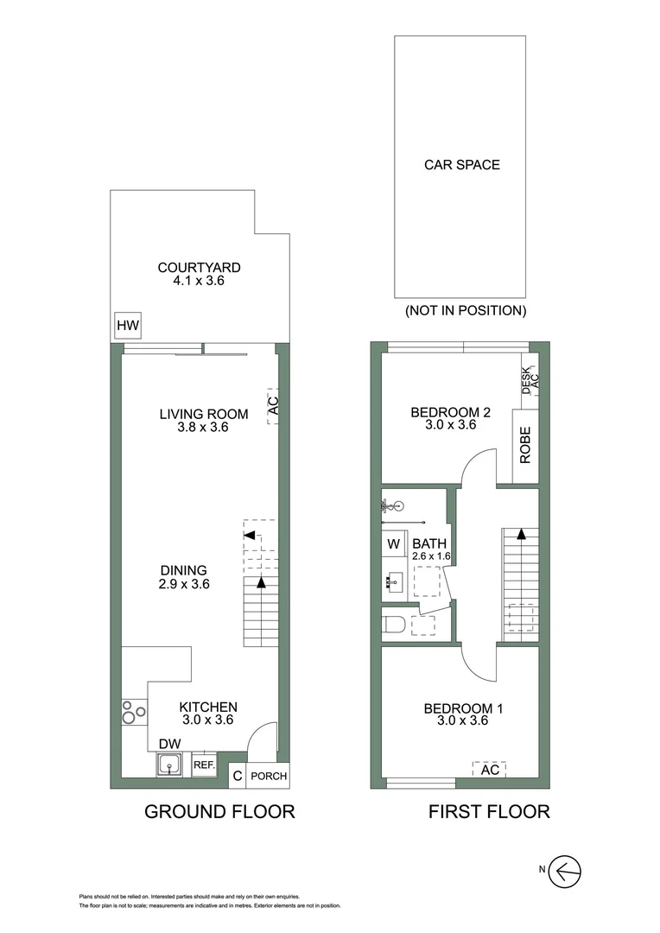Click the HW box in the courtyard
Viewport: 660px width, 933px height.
[128, 327]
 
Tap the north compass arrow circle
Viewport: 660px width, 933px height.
[567, 870]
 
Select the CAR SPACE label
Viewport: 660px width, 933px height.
[461, 164]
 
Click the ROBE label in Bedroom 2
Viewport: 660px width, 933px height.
[524, 446]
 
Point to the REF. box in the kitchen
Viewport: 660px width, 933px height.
[204, 765]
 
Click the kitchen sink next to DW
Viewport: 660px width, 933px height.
[168, 765]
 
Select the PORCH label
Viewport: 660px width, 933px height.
[268, 777]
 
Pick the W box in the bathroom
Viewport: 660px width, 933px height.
[393, 544]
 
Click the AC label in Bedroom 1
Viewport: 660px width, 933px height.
[489, 770]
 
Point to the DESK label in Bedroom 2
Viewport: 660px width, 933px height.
[526, 380]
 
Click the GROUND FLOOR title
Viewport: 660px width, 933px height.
[219, 812]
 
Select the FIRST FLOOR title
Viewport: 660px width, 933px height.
[489, 812]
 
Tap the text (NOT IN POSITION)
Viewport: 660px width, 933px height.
[465, 310]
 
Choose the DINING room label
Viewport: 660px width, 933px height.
[183, 570]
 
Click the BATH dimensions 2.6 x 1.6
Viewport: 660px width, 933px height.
[432, 557]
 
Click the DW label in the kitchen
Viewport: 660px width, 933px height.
[168, 744]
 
